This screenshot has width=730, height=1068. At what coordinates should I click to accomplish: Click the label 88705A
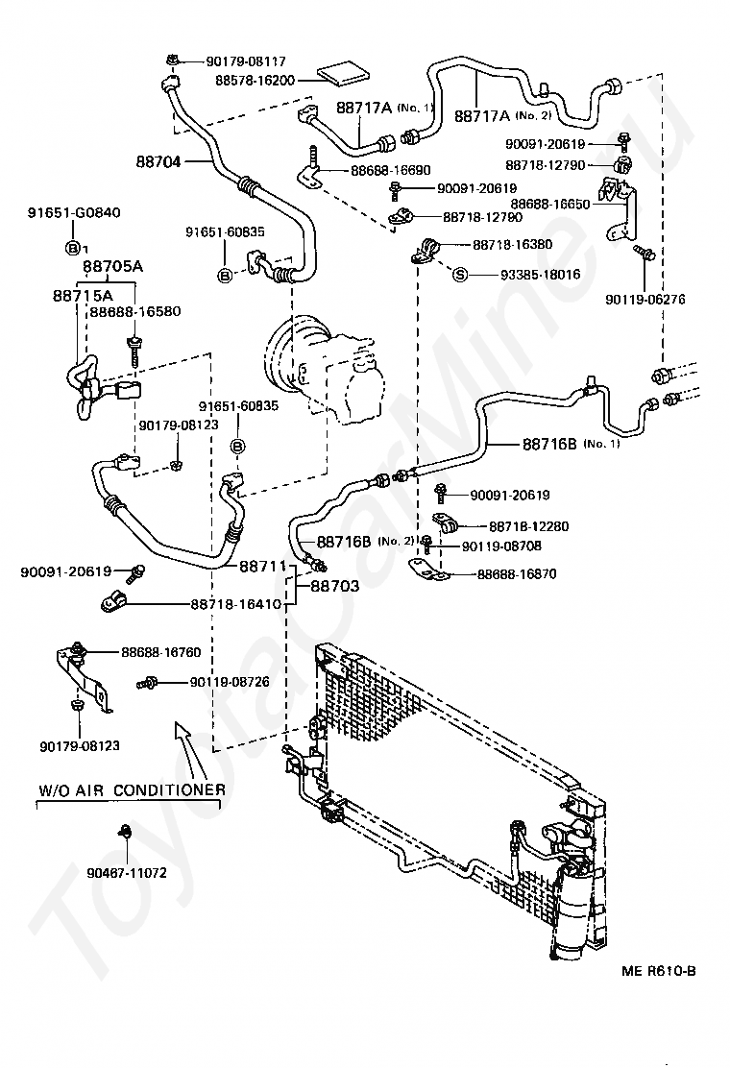(x=112, y=267)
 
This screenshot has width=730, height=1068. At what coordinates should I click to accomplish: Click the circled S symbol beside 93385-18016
(x=459, y=275)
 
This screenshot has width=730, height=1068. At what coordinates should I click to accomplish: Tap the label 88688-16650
(x=550, y=204)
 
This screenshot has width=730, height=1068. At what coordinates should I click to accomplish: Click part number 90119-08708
(x=500, y=546)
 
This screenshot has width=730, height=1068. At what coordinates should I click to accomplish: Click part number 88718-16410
(x=236, y=604)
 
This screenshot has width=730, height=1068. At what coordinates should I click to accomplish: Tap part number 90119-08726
(x=230, y=682)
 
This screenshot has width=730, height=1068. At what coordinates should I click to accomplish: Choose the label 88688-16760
(x=160, y=652)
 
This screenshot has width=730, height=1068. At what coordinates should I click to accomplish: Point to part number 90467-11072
(x=126, y=874)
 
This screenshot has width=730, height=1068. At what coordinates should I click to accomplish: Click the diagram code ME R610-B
(x=658, y=971)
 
